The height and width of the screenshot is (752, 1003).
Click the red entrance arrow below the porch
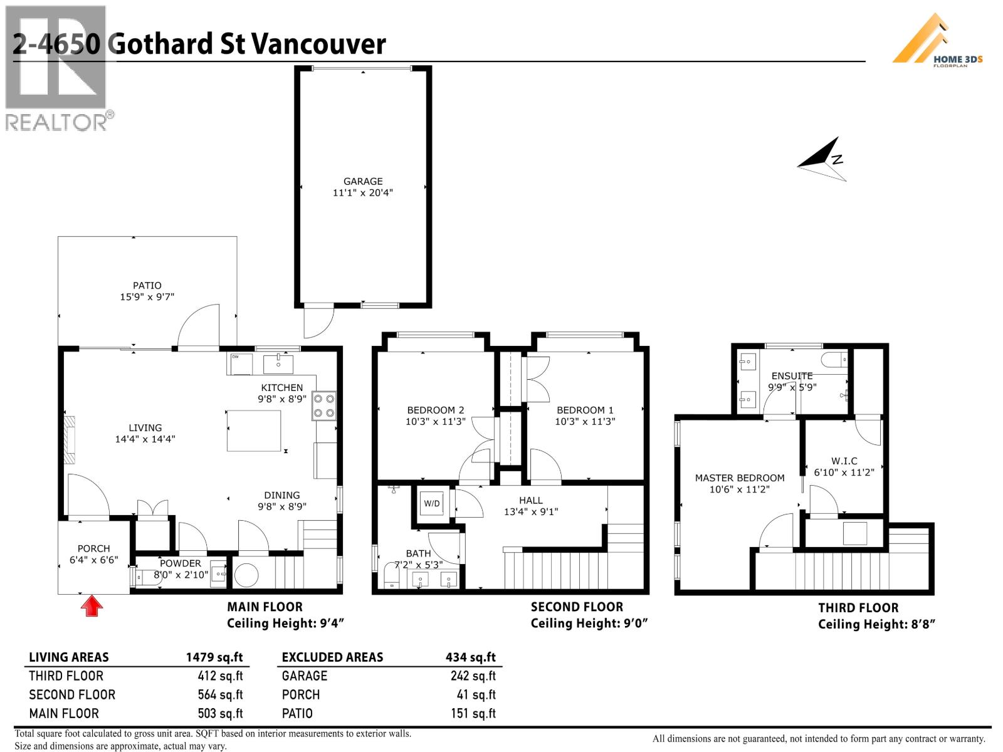click(92, 606)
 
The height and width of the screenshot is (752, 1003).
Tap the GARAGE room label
click(362, 181)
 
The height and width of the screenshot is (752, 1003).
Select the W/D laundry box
click(432, 503)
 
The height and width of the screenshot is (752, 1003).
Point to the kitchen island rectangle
click(253, 431)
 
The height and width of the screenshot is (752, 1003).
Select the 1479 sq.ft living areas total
click(214, 657)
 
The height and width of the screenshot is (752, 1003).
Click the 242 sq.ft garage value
click(473, 676)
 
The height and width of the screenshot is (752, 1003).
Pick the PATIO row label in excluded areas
click(297, 713)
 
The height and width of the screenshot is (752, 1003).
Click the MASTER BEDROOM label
click(739, 478)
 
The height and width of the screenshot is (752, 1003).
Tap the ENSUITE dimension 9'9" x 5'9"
click(792, 387)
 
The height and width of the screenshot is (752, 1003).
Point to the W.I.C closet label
click(844, 461)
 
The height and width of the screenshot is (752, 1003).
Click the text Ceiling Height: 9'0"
click(589, 623)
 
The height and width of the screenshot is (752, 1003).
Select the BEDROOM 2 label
click(435, 410)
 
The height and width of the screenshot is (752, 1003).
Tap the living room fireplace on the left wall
click(69, 439)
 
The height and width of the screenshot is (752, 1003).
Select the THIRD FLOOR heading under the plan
click(858, 607)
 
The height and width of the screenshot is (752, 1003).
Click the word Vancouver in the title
click(318, 44)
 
